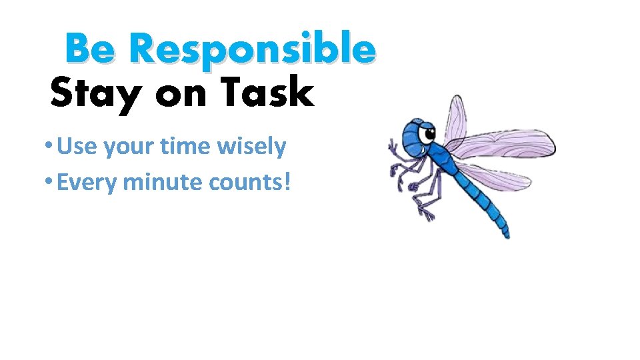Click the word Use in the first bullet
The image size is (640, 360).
tap(75, 147)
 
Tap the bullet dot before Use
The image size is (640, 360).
tap(49, 147)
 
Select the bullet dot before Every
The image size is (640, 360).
tap(49, 182)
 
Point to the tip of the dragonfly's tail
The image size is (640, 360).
tap(507, 234)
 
